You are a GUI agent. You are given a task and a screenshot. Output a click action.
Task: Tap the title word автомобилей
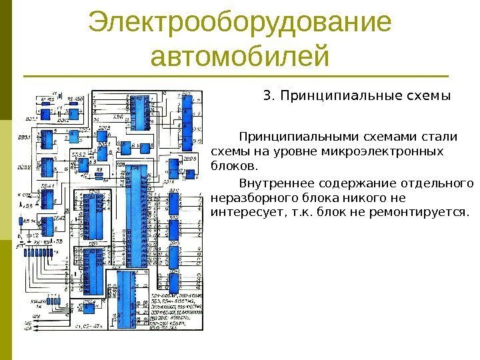[x=239, y=57]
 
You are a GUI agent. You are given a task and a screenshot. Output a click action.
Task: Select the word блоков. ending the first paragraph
[x=233, y=165]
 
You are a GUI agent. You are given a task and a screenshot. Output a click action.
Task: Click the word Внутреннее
[x=274, y=183]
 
